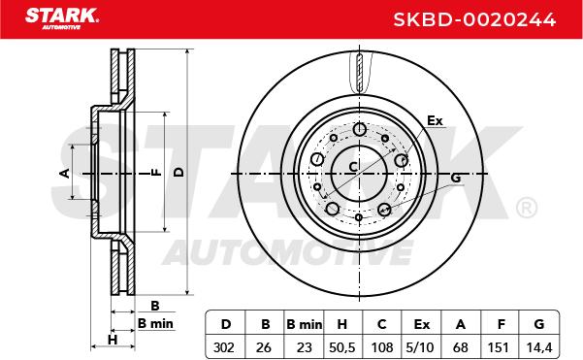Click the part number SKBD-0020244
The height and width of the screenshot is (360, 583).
coord(474,19)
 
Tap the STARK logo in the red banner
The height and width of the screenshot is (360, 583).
coord(62,18)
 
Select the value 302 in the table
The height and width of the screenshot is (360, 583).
coord(224,347)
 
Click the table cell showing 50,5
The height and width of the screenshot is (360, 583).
coord(342,347)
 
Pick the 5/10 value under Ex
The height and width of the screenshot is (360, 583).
coord(420,347)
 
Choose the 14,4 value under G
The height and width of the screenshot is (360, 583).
coord(539,347)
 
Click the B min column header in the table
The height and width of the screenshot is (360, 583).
coord(305,325)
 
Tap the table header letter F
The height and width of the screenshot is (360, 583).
coord(502,324)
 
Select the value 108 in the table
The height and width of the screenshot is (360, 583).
coord(382,347)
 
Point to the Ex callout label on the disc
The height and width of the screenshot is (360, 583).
coord(435,121)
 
